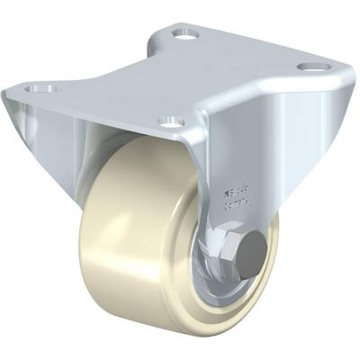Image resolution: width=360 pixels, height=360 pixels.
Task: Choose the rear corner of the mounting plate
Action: [x=184, y=22]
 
